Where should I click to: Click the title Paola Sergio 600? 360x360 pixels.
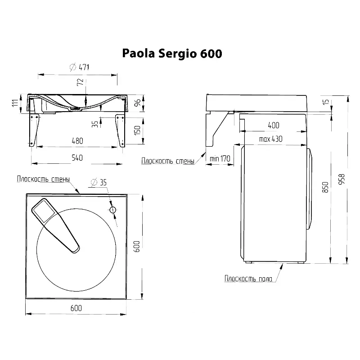[x=172, y=54]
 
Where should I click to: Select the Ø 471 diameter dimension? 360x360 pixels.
[x=80, y=67]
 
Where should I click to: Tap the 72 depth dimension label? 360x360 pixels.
[x=80, y=82]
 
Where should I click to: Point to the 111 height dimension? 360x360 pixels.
[x=15, y=103]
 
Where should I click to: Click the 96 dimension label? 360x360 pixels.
[x=137, y=103]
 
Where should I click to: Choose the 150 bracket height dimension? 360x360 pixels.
[x=137, y=130]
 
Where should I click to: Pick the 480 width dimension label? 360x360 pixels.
[x=77, y=141]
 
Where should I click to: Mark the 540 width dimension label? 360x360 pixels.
[x=77, y=158]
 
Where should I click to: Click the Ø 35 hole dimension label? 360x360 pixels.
[x=99, y=182]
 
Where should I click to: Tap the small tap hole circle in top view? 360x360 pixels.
[x=113, y=210]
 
